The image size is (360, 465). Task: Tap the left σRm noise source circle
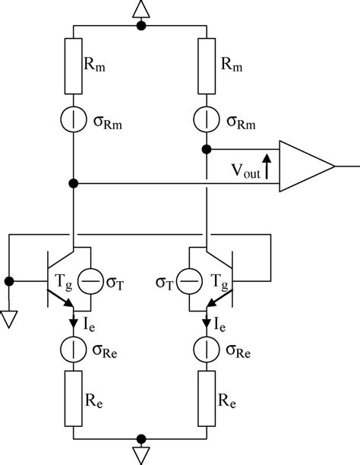tap(74, 121)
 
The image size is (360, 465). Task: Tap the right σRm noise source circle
tap(207, 121)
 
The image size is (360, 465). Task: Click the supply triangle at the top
tap(141, 9)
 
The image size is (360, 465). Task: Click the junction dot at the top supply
tap(141, 27)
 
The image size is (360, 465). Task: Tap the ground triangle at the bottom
tap(141, 454)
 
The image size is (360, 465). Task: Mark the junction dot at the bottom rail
tap(141, 439)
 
